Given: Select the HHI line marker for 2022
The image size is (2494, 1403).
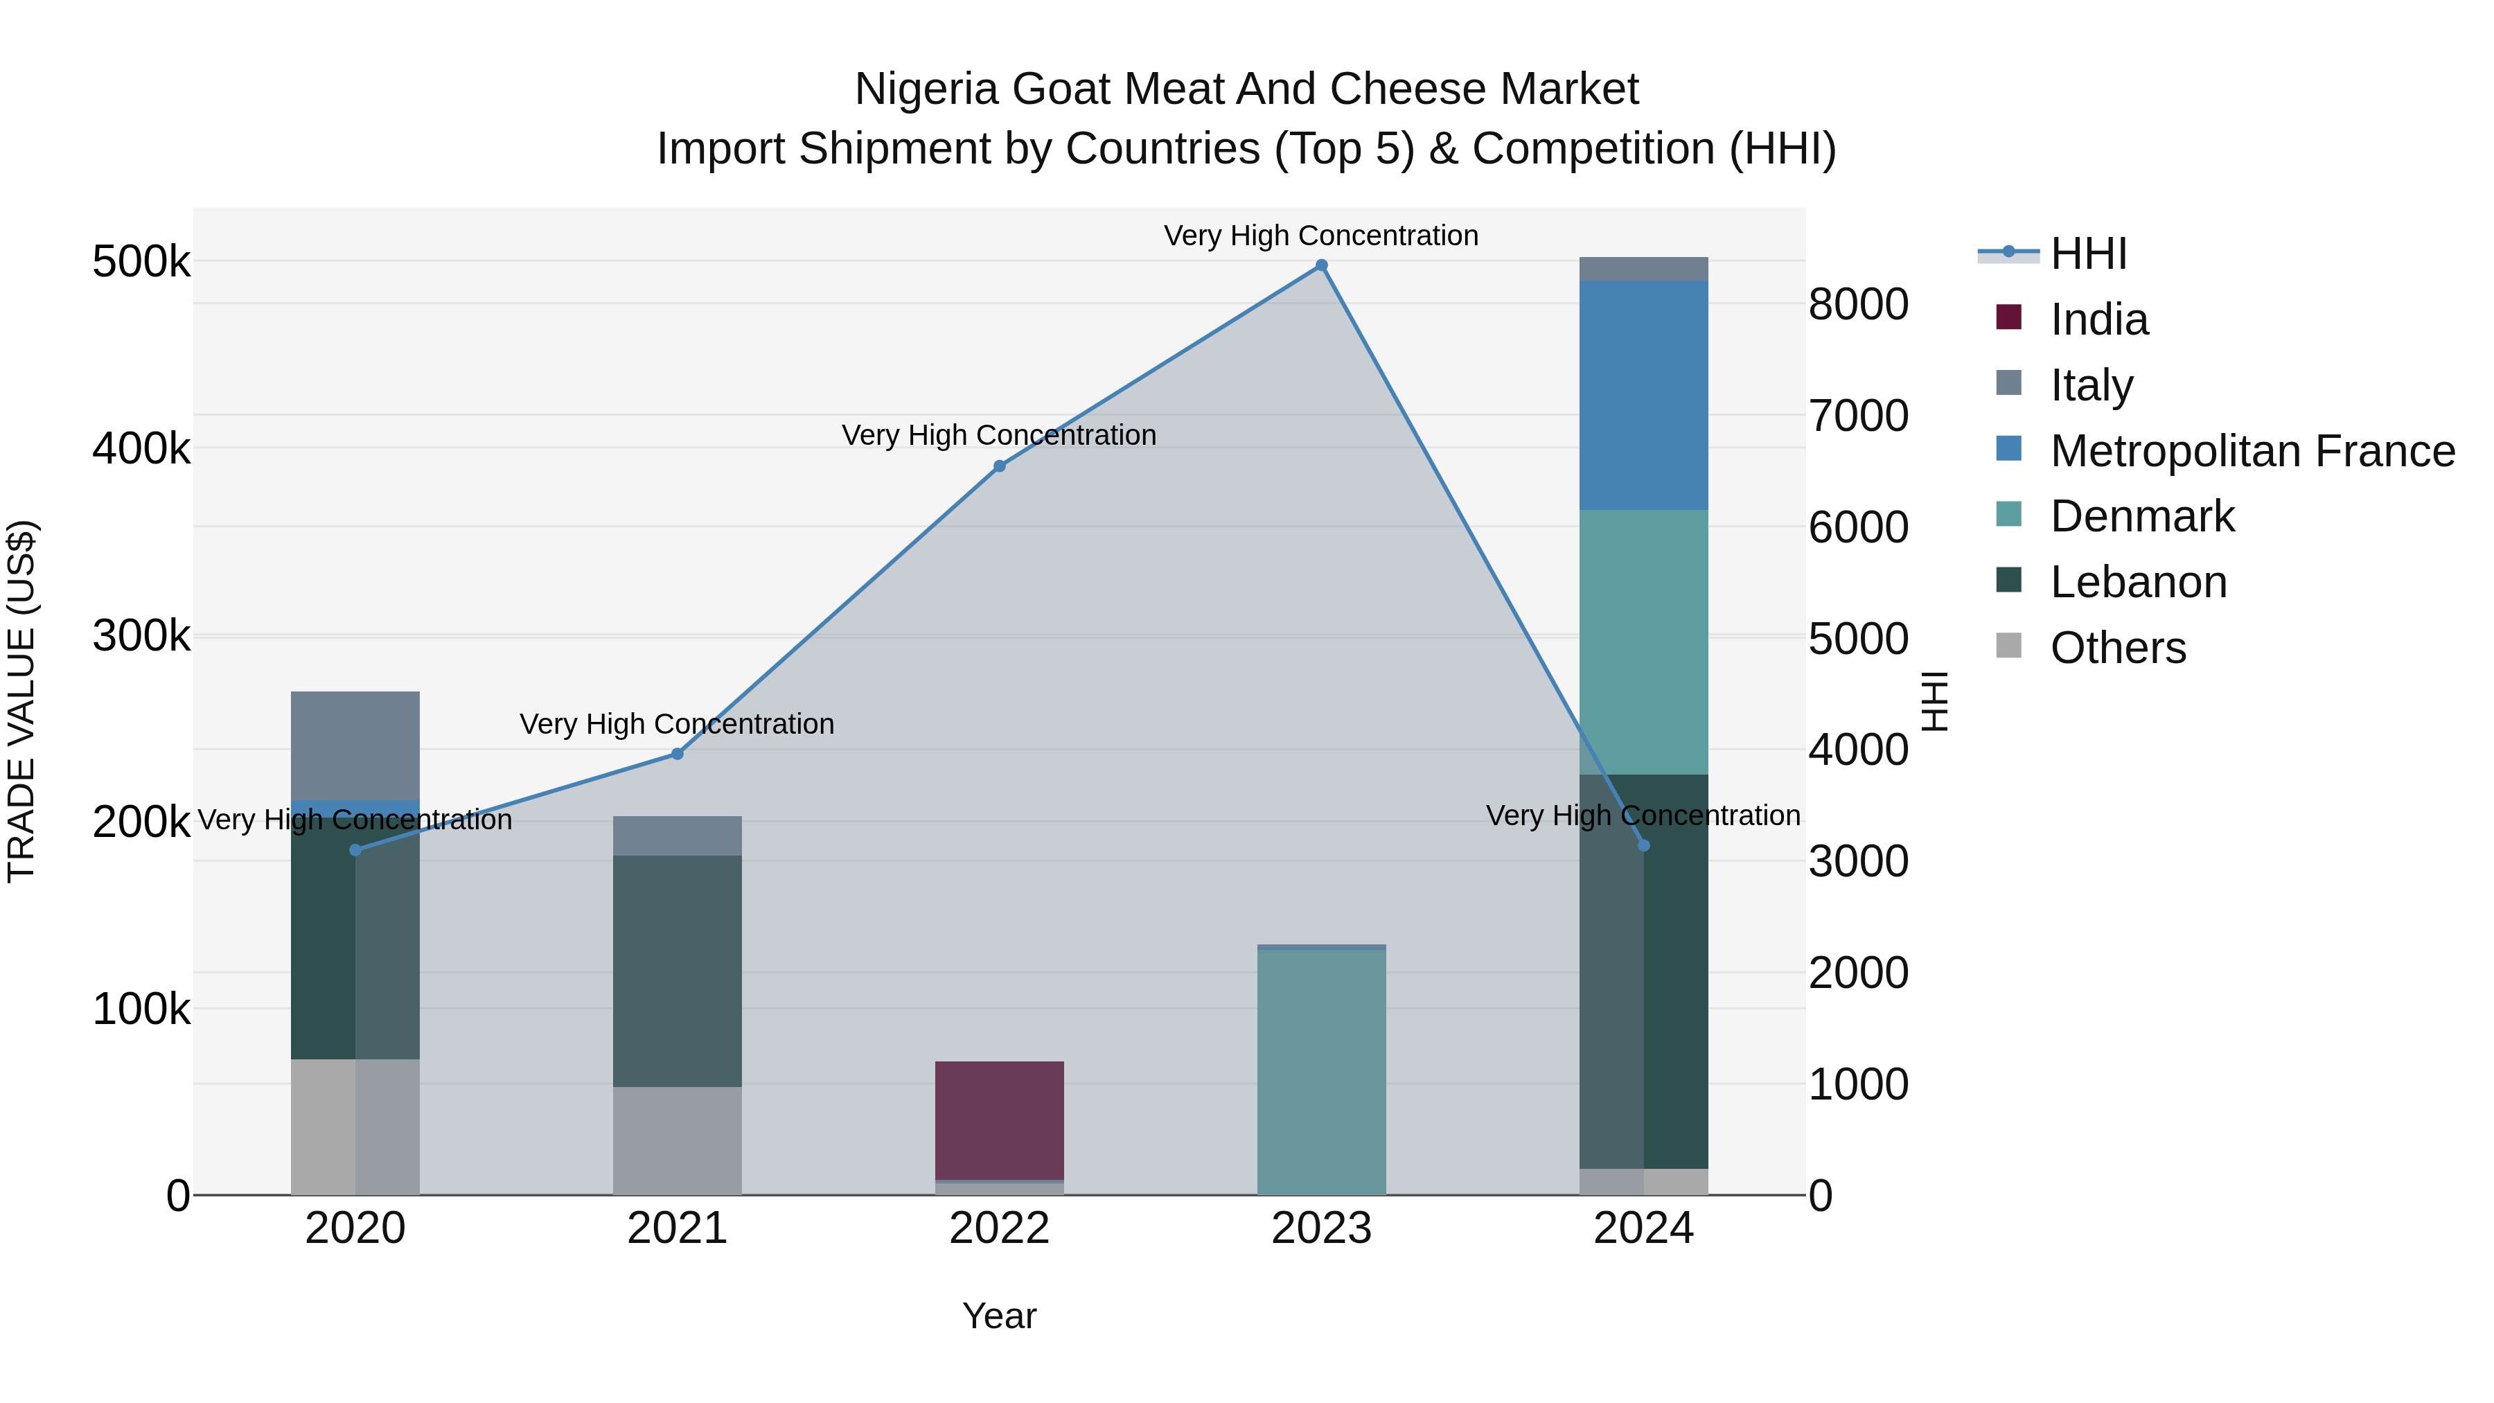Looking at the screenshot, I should pyautogui.click(x=999, y=466).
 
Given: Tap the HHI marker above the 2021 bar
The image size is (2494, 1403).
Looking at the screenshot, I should pyautogui.click(x=677, y=753).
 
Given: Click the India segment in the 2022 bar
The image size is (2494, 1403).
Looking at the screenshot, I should pyautogui.click(x=999, y=1120).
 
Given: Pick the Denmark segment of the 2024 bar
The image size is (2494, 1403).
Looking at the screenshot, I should pyautogui.click(x=1643, y=642).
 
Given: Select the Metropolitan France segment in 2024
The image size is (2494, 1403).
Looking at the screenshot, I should pyautogui.click(x=1643, y=395).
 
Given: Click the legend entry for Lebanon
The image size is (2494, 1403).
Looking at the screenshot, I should pyautogui.click(x=2138, y=582).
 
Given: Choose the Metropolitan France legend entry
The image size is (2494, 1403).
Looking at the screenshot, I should pyautogui.click(x=2252, y=451).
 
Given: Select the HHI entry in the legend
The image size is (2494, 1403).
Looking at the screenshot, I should pyautogui.click(x=2087, y=254).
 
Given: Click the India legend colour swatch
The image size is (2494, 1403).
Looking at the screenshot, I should pyautogui.click(x=2009, y=317).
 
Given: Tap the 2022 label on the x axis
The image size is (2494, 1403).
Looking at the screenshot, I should pyautogui.click(x=999, y=1228).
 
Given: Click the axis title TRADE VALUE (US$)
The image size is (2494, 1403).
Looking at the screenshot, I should pyautogui.click(x=21, y=701).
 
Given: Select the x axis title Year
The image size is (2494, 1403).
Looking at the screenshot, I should pyautogui.click(x=999, y=1316).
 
